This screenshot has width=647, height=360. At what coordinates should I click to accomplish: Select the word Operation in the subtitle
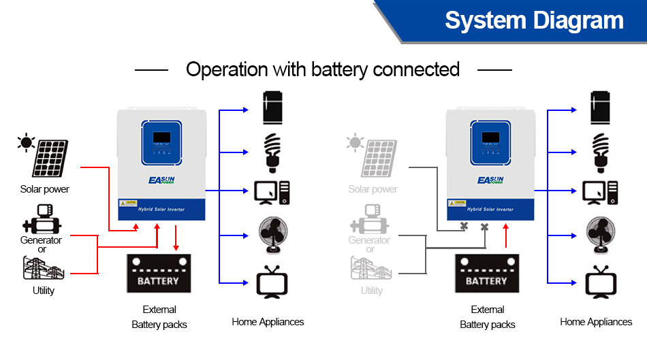coord(227,69)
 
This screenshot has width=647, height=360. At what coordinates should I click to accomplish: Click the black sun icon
coord(27,142)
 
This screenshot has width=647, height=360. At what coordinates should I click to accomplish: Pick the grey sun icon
coord(355,142)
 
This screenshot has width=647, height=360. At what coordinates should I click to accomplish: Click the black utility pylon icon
coord(44,268)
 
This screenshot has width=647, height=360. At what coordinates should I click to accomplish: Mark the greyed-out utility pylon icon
coord(372,268)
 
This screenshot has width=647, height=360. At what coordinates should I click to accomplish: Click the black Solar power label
coord(45,189)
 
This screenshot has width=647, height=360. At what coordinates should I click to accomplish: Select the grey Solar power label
coord(373,189)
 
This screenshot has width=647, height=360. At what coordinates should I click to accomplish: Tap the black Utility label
coord(44,291)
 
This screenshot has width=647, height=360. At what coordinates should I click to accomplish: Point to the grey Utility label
coord(372,291)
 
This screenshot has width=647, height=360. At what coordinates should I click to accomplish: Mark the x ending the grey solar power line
coord(464,225)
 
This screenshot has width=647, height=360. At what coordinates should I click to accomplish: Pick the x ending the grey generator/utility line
coord(485,227)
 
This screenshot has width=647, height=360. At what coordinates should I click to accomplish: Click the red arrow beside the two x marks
coord(506,235)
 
